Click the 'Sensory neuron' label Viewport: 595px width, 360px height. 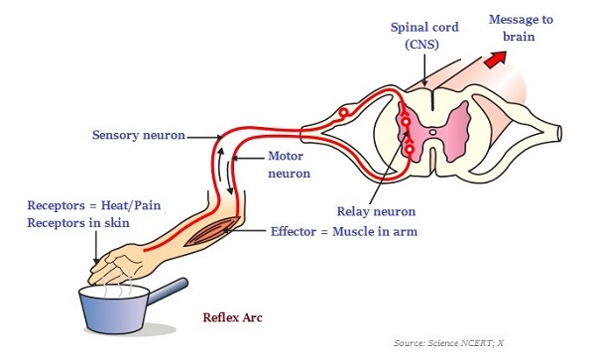(137, 134)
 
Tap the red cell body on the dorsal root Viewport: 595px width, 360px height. (343, 115)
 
